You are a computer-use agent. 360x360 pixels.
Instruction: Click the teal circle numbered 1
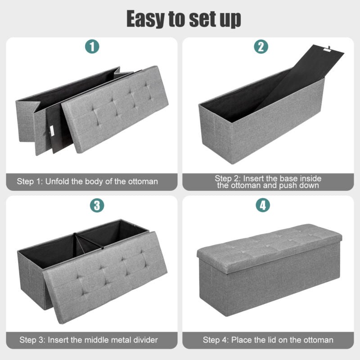(92, 46)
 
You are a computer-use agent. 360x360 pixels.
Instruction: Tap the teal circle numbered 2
(261, 46)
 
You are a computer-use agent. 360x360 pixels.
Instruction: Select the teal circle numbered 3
(97, 205)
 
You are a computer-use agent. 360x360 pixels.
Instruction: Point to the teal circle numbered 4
(263, 205)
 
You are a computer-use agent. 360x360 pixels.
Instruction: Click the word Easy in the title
(146, 19)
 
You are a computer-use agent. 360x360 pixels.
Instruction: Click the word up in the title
(230, 20)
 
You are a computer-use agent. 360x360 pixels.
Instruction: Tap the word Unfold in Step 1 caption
(57, 181)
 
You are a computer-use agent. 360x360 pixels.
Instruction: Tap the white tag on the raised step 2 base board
(327, 49)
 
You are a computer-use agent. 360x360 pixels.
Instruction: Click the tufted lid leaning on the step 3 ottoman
(105, 277)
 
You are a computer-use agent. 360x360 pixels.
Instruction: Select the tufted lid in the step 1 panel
(115, 109)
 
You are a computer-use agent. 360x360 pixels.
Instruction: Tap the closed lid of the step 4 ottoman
(270, 248)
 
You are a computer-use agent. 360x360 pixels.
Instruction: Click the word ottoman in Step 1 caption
(143, 181)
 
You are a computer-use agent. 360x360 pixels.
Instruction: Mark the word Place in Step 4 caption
(241, 340)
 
